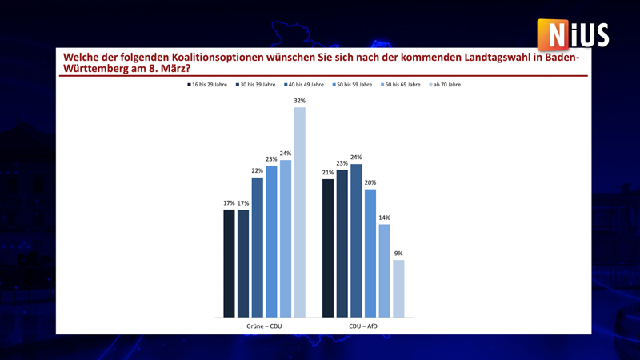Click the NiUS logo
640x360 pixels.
574,35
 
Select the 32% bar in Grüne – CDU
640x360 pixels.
300,212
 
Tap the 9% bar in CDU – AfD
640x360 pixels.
398,288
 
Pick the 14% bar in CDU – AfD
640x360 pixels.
384,270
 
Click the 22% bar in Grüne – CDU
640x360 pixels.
257,247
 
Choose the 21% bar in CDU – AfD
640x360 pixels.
327,248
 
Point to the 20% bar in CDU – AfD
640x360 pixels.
370,253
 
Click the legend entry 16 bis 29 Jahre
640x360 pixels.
207,85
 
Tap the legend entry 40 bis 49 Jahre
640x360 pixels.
304,85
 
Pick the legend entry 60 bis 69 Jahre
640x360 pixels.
401,85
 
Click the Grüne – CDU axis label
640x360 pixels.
264,326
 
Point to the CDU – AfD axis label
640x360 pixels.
363,326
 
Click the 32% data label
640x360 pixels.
300,101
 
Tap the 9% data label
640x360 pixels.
398,254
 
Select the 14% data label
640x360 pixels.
384,218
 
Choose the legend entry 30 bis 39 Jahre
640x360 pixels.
256,85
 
